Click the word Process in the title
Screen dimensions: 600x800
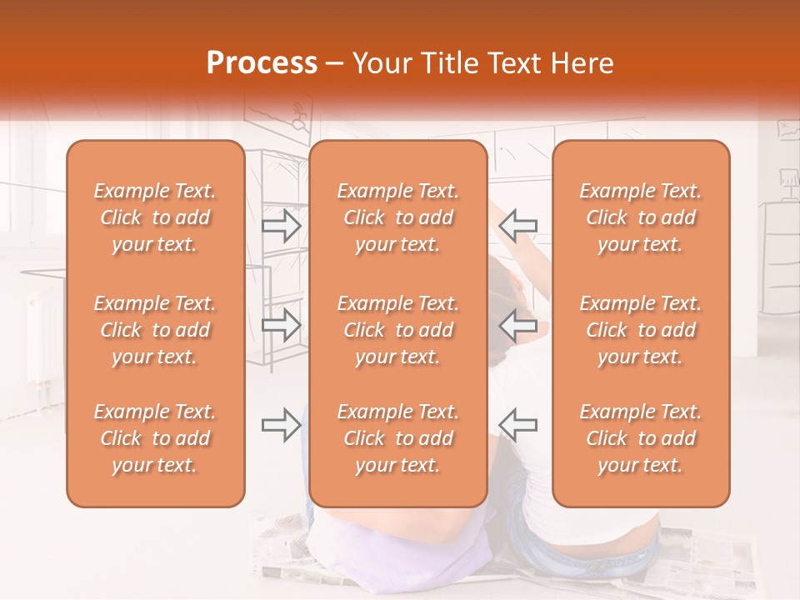point(262,63)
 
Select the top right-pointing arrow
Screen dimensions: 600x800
point(282,225)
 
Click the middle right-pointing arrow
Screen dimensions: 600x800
point(282,324)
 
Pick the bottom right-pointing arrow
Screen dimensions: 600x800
point(282,424)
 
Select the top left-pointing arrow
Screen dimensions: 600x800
point(517,225)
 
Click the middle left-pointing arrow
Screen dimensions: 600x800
point(517,324)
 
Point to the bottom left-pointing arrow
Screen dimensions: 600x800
point(517,424)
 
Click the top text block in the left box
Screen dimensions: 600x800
point(155,217)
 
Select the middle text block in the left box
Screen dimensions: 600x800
point(155,330)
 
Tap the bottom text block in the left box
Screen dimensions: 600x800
point(155,438)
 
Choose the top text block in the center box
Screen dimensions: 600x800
point(398,217)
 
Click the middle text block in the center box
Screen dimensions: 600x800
point(398,330)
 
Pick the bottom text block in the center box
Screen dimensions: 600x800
point(398,438)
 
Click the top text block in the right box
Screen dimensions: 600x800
point(641,217)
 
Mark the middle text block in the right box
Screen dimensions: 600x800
point(641,330)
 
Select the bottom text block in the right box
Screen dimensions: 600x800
point(641,438)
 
